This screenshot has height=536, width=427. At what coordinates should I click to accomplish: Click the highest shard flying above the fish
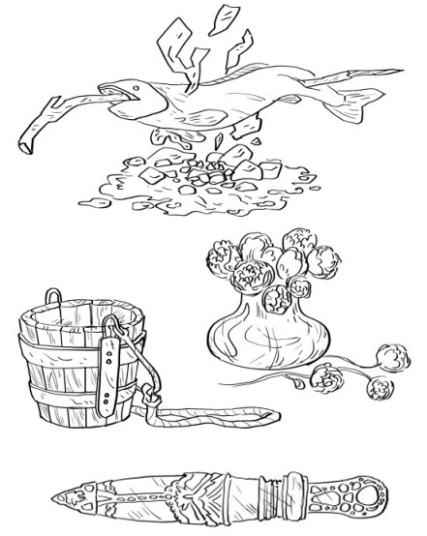(x=227, y=16)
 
